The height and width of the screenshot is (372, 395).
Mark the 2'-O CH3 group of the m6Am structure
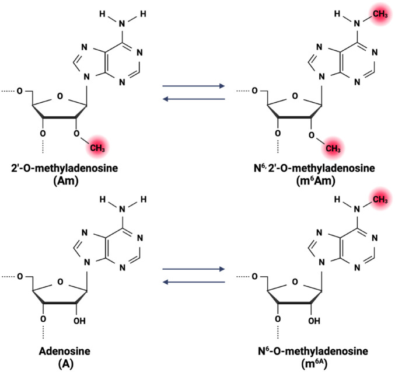333,148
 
